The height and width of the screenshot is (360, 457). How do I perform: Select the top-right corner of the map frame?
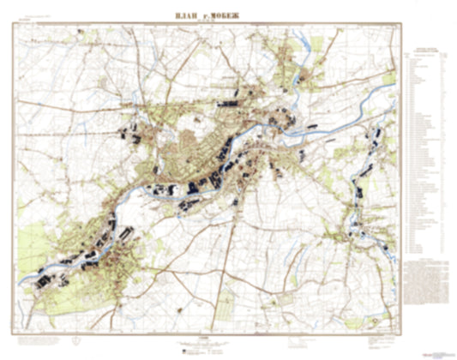pyautogui.click(x=400, y=23)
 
